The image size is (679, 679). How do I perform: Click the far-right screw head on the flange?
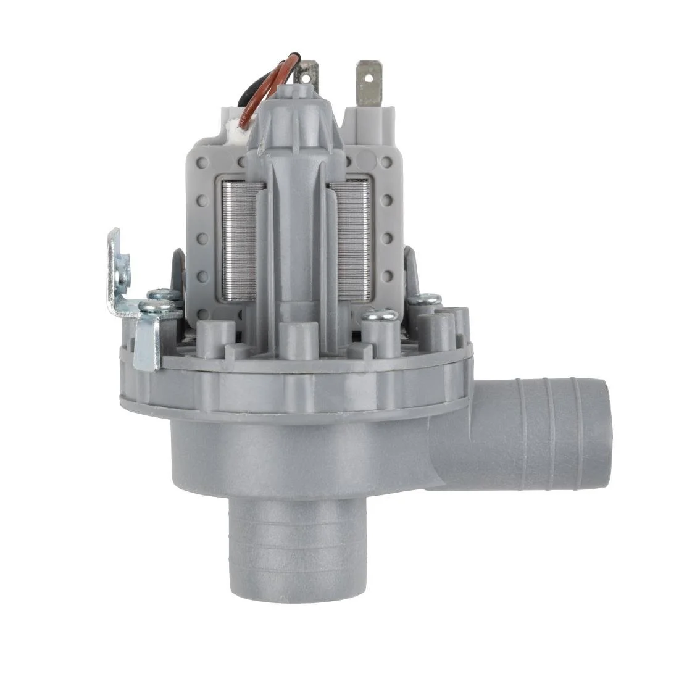pyautogui.click(x=425, y=299)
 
